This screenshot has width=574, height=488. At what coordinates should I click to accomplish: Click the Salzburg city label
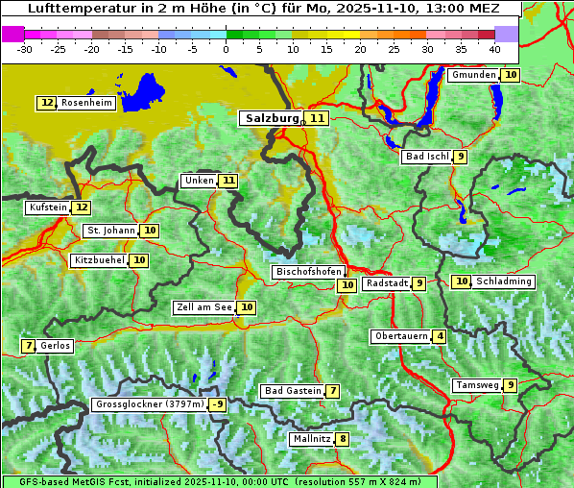[x=272, y=118]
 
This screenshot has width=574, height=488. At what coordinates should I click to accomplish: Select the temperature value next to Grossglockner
[x=218, y=404]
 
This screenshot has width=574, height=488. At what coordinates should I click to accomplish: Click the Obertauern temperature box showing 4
[x=440, y=336]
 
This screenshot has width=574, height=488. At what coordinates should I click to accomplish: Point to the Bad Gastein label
[x=293, y=391]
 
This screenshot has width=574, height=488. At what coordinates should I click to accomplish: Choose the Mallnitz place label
[x=311, y=439]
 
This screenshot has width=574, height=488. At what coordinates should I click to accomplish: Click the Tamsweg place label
[x=477, y=385]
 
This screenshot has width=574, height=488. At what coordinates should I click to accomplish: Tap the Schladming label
[x=504, y=281]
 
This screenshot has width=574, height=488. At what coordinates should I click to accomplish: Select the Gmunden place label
[x=473, y=75]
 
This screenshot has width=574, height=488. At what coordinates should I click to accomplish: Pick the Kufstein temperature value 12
[x=82, y=207]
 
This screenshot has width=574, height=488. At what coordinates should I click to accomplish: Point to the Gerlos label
[x=55, y=346]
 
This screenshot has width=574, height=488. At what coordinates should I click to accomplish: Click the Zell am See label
[x=204, y=307]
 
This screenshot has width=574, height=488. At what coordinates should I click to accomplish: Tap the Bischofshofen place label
[x=307, y=272]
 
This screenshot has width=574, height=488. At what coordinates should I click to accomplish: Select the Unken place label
[x=199, y=181]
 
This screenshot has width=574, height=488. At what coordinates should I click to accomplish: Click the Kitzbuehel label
[x=100, y=260]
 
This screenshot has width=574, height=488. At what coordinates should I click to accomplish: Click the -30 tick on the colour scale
[x=25, y=48]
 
